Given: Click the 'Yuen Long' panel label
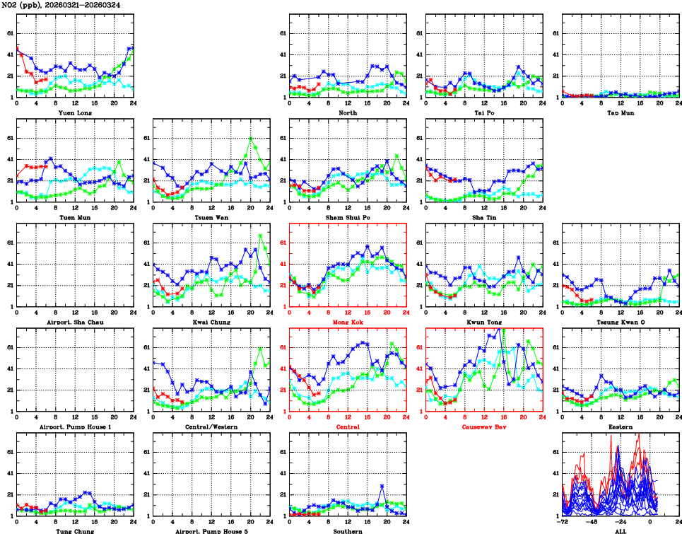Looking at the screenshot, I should click(x=75, y=112).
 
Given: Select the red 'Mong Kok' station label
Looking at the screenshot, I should click(x=348, y=323).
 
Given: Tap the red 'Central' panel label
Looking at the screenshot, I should click(x=348, y=427).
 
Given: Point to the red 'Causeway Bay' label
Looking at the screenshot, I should click(x=484, y=427).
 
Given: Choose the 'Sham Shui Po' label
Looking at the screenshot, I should click(x=348, y=218).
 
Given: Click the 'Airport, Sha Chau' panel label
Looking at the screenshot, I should click(x=75, y=323).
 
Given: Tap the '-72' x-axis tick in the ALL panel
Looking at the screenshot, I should click(x=562, y=523).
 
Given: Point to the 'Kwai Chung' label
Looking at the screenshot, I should click(x=211, y=323).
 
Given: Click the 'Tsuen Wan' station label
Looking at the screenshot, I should click(x=211, y=218).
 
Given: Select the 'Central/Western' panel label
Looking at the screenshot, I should click(x=211, y=427).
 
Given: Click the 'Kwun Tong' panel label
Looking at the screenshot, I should click(x=484, y=323).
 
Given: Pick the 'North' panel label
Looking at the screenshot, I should click(x=348, y=112).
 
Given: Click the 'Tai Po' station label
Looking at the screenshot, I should click(x=484, y=112).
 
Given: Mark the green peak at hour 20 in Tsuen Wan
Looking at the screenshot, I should click(x=250, y=139).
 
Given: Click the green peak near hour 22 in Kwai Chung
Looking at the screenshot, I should click(x=260, y=235).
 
